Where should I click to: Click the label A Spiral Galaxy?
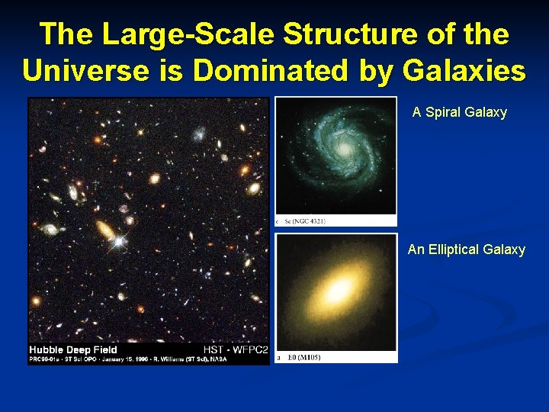pyautogui.click(x=459, y=112)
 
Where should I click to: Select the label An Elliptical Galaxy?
pyautogui.click(x=466, y=249)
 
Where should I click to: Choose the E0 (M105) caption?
pyautogui.click(x=303, y=357)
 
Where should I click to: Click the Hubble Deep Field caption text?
pyautogui.click(x=73, y=350)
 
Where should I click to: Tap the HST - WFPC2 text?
pyautogui.click(x=236, y=350)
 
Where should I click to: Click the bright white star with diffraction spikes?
pyautogui.click(x=119, y=242)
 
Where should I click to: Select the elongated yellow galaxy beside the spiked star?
pyautogui.click(x=105, y=228)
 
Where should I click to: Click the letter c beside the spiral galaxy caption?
pyautogui.click(x=278, y=221)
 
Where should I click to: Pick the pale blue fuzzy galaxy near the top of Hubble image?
pyautogui.click(x=200, y=134)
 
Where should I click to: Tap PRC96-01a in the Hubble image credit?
pyautogui.click(x=46, y=359)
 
